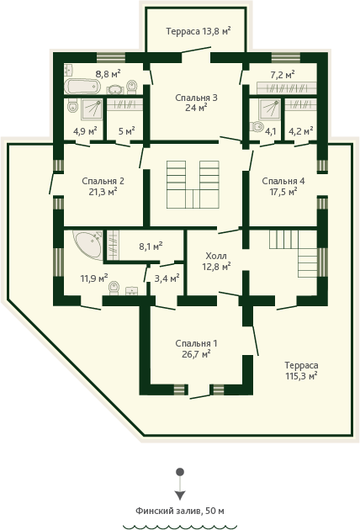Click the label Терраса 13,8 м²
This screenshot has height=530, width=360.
tap(199, 31)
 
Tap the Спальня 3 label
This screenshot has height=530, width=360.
tap(196, 98)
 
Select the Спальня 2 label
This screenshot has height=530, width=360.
tap(103, 181)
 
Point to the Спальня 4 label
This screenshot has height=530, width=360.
tap(283, 181)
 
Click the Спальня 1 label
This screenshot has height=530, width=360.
tap(196, 343)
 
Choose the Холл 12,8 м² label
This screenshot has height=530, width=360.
tap(216, 261)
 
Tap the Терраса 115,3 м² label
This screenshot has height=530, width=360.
tap(301, 370)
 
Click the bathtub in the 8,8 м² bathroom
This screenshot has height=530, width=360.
tap(82, 87)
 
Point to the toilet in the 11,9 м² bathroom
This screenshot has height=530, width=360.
tap(114, 289)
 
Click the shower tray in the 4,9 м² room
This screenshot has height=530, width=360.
tap(92, 109)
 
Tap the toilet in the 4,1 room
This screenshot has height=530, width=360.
tap(257, 126)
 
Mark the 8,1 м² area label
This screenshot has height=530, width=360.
tap(151, 246)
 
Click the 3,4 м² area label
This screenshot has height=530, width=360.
tap(167, 278)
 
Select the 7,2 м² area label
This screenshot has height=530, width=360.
tap(283, 74)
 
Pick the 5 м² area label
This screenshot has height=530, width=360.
tap(127, 130)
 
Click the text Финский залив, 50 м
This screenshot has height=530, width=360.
tap(180, 511)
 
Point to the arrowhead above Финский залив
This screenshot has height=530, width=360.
tap(180, 496)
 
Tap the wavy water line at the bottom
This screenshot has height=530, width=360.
tap(180, 527)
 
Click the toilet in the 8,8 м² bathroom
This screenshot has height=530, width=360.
tap(131, 87)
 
